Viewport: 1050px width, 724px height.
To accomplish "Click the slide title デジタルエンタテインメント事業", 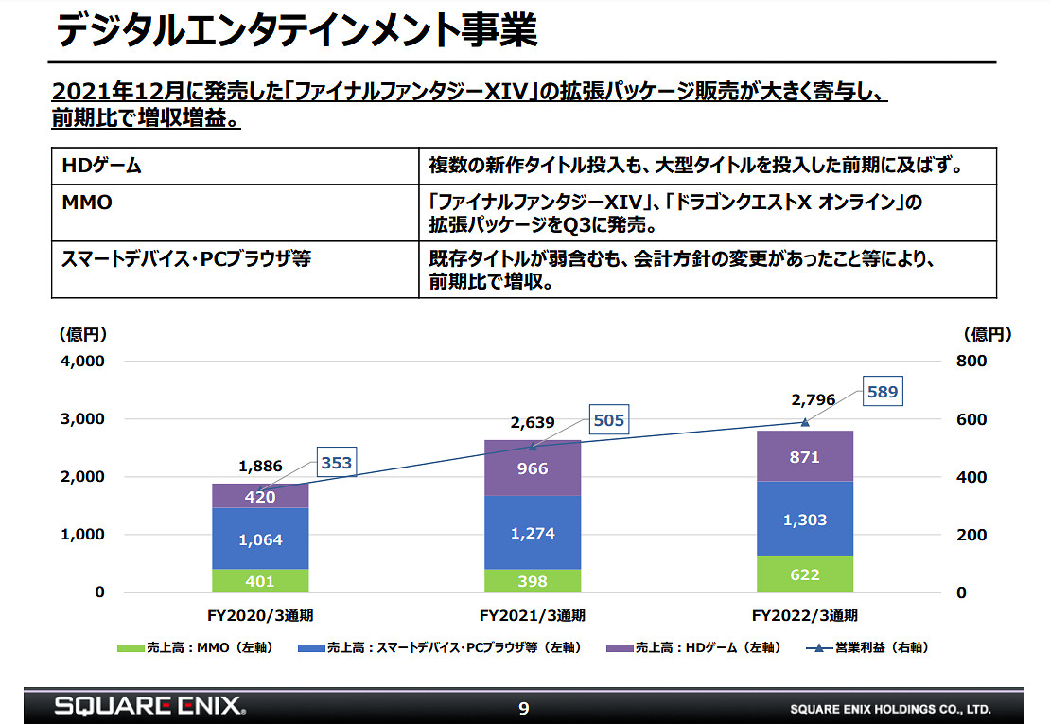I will pyautogui.click(x=296, y=29).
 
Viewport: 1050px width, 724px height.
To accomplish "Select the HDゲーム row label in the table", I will pyautogui.click(x=101, y=166).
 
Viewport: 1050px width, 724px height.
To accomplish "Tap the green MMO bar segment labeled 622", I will pyautogui.click(x=804, y=574).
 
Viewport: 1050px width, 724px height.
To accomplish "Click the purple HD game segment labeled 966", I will pyautogui.click(x=532, y=468).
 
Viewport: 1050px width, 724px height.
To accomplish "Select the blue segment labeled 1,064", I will pyautogui.click(x=260, y=539).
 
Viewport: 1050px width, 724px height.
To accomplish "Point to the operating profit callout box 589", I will pyautogui.click(x=882, y=391).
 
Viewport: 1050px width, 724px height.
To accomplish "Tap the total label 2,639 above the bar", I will pyautogui.click(x=532, y=422).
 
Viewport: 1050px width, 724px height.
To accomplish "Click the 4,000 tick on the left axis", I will pyautogui.click(x=83, y=362).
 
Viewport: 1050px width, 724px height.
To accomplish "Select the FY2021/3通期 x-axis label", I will pyautogui.click(x=532, y=615).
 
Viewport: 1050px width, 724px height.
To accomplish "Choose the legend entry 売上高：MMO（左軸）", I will pyautogui.click(x=194, y=647).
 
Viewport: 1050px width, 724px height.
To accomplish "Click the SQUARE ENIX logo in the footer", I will pyautogui.click(x=149, y=706).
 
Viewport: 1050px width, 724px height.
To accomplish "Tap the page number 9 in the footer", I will pyautogui.click(x=524, y=707).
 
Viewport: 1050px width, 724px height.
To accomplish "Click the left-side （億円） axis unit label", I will pyautogui.click(x=84, y=334).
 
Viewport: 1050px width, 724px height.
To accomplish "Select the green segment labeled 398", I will pyautogui.click(x=532, y=580).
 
